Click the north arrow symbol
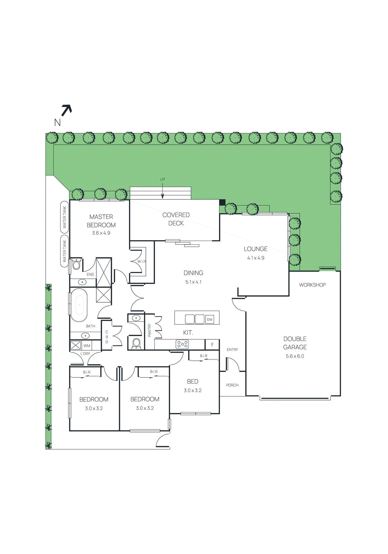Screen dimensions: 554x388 [x=66, y=110]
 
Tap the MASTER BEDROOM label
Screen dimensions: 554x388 [x=101, y=221]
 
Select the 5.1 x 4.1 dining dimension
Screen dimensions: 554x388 [x=193, y=282]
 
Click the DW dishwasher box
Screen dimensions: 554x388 [x=210, y=320]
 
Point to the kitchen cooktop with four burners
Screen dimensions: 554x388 [x=182, y=344]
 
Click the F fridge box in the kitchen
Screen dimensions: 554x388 [x=212, y=345]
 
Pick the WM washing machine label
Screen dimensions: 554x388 [x=87, y=346]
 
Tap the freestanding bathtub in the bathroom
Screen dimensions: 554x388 [x=79, y=305]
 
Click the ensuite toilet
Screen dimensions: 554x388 [x=76, y=265]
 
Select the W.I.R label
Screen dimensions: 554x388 [x=142, y=261]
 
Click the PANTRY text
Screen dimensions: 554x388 [x=150, y=330]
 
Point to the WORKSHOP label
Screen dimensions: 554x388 [x=312, y=285]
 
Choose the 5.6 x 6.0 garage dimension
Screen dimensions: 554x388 [x=295, y=356]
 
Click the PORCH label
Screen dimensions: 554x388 [x=232, y=385]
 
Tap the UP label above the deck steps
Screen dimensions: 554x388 [x=162, y=179]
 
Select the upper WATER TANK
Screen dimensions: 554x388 [x=64, y=217]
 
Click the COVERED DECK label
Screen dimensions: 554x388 [x=176, y=219]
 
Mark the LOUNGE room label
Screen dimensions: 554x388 [x=256, y=249]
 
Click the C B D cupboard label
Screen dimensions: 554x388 [x=107, y=337]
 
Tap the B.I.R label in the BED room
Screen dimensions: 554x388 [x=204, y=356]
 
